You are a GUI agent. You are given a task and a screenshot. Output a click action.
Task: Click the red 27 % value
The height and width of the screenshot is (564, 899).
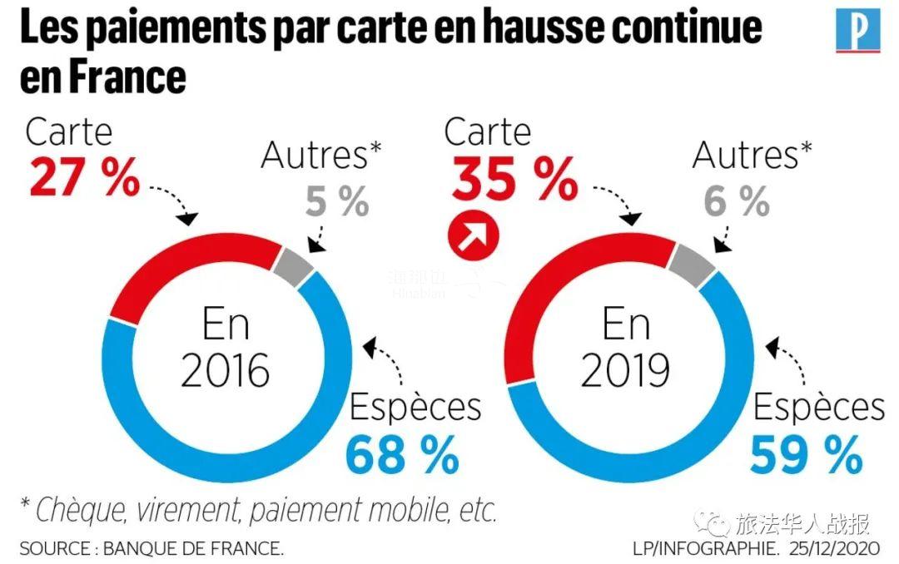click(x=84, y=178)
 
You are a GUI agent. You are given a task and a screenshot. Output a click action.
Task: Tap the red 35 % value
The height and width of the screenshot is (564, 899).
click(x=514, y=180)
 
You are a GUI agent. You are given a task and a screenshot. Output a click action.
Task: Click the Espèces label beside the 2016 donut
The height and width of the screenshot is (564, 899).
click(x=415, y=408)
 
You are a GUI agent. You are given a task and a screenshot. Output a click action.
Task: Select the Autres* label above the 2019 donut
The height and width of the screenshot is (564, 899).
click(x=752, y=156)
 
